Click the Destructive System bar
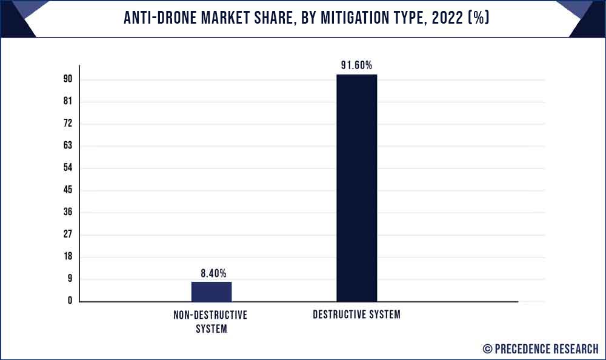click(357, 188)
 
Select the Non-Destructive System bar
click(211, 292)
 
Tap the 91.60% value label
click(356, 65)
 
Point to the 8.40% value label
click(213, 273)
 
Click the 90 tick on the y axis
click(68, 79)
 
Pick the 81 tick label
click(68, 101)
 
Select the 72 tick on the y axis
click(68, 123)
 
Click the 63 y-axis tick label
click(68, 145)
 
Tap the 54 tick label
click(68, 167)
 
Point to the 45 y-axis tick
click(68, 190)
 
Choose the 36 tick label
click(68, 212)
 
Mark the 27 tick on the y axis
click(68, 234)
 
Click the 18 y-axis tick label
click(68, 256)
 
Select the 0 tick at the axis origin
click(70, 301)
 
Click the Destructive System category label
click(357, 315)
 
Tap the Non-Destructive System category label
click(211, 322)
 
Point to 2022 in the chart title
click(447, 18)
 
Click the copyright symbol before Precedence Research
click(487, 348)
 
